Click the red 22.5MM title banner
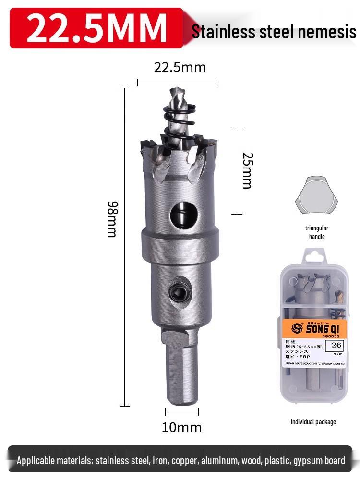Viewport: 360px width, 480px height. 96,28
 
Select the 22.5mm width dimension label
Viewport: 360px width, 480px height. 180,67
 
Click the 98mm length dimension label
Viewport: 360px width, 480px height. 112,218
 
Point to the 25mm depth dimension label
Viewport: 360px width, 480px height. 247,170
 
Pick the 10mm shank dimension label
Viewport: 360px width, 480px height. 181,427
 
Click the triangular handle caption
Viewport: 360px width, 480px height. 316,232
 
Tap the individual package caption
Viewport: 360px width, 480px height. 313,422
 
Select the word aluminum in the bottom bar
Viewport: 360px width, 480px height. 219,461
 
